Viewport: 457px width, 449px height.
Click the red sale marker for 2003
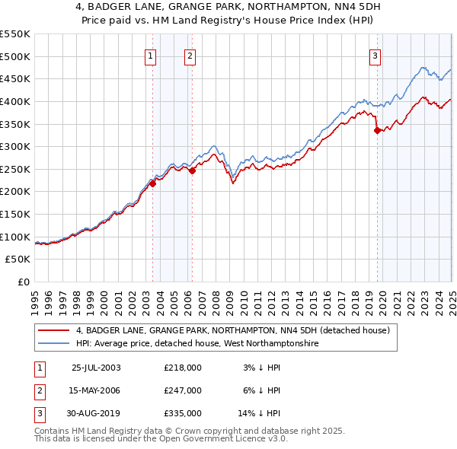coord(152,183)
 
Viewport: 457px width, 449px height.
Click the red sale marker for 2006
coord(192,170)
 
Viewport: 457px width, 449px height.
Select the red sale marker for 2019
coord(377,130)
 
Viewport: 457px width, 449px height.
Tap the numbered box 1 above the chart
coord(151,55)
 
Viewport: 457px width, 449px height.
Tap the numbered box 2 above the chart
coord(189,55)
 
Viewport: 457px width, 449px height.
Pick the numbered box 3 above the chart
coord(376,55)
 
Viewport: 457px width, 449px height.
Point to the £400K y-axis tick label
coord(15,101)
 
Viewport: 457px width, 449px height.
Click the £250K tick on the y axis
coord(15,169)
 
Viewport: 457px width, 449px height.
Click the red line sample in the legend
coord(53,330)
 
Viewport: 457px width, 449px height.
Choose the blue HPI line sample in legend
coord(53,343)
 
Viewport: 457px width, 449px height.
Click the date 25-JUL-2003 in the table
coord(96,368)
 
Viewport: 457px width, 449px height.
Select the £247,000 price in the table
coord(182,390)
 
